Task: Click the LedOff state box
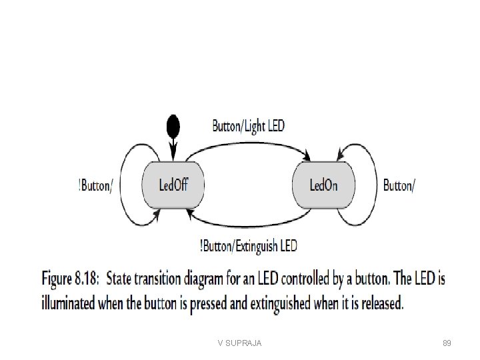point(173,185)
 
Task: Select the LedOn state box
point(323,185)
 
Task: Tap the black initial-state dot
point(173,125)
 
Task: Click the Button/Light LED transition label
point(248,125)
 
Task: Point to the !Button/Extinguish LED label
point(248,246)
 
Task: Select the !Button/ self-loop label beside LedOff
point(95,185)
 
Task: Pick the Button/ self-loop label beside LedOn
point(399,185)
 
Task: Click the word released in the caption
point(379,304)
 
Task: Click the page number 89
point(447,343)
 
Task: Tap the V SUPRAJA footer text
point(239,343)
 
